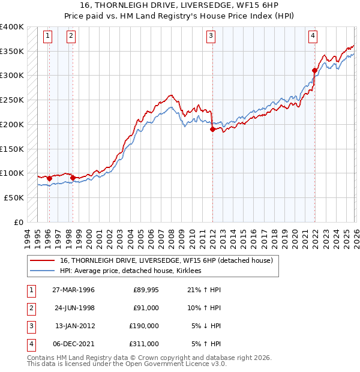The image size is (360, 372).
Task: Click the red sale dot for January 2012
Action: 212,129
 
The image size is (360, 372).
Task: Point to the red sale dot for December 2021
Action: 314,70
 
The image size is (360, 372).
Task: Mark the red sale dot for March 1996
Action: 49,178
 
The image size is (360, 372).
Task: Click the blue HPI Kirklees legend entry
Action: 130,271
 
